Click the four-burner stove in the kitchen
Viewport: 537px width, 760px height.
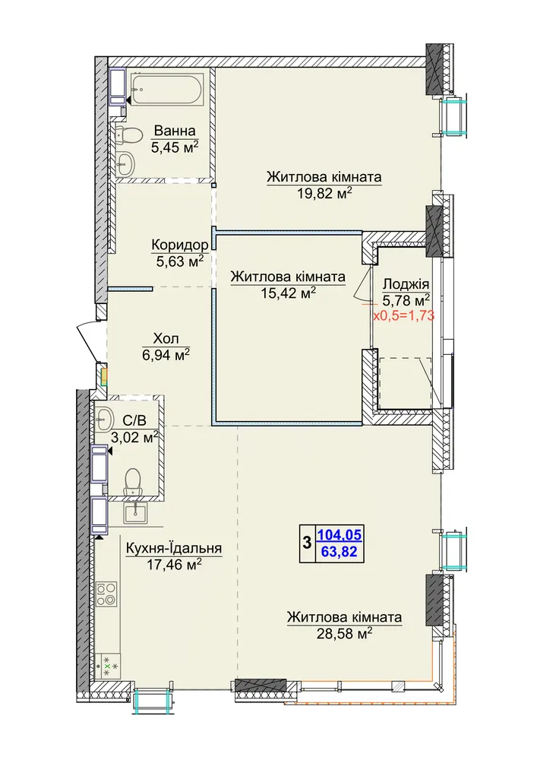[106, 594]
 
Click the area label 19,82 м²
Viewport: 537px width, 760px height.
[324, 194]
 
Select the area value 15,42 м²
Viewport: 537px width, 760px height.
[288, 293]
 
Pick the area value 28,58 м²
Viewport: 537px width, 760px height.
[344, 633]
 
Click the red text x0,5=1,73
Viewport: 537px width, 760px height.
[403, 316]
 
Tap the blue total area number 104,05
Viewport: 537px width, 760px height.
[339, 535]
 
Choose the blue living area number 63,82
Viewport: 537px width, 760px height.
[339, 552]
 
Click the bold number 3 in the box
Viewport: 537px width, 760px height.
[307, 543]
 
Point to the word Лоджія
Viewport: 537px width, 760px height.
[406, 284]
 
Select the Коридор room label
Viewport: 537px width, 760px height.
[180, 245]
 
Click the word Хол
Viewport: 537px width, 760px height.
[166, 338]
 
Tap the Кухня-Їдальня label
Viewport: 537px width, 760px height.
[174, 548]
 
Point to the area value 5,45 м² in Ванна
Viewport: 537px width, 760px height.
[175, 147]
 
